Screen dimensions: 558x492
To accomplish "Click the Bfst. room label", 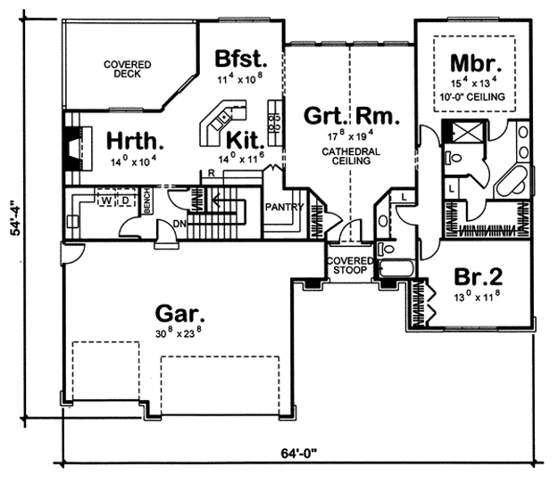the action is (241, 59).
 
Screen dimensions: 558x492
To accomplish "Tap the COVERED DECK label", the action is (128, 70).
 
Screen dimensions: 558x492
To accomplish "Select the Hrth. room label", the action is (135, 141).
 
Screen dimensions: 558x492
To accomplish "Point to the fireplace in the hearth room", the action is (78, 148).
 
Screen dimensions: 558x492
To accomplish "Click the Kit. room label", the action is (246, 141).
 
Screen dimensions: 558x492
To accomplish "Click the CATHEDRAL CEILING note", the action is (351, 156).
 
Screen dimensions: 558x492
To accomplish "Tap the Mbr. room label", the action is (476, 63).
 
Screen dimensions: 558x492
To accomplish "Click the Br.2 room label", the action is (479, 276).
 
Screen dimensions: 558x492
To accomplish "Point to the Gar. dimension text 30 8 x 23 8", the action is (179, 332).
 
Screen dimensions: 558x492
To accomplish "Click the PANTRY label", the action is (285, 207).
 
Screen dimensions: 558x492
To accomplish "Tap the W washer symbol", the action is (106, 201).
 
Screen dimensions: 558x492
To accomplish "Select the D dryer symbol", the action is (125, 201).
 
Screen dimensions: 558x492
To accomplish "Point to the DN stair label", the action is (180, 224).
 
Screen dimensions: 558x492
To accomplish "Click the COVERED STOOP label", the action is (350, 266).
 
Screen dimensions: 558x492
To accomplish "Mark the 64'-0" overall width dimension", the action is (299, 454).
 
